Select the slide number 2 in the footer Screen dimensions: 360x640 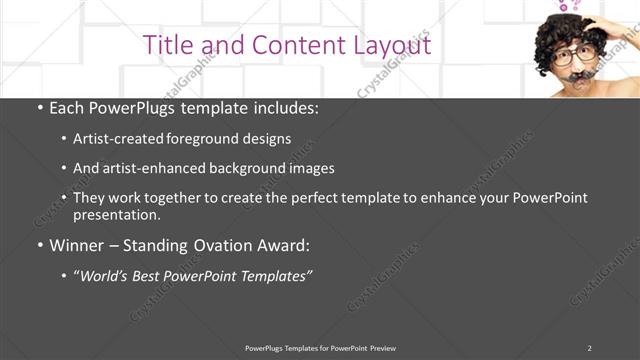click(x=589, y=348)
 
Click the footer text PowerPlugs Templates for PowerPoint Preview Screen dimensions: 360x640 click(x=320, y=348)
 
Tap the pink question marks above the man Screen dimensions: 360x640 click(x=568, y=6)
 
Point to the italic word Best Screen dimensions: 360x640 click(x=154, y=275)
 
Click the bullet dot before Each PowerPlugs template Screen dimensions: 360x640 click(x=39, y=108)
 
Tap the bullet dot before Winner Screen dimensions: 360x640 click(x=39, y=244)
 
